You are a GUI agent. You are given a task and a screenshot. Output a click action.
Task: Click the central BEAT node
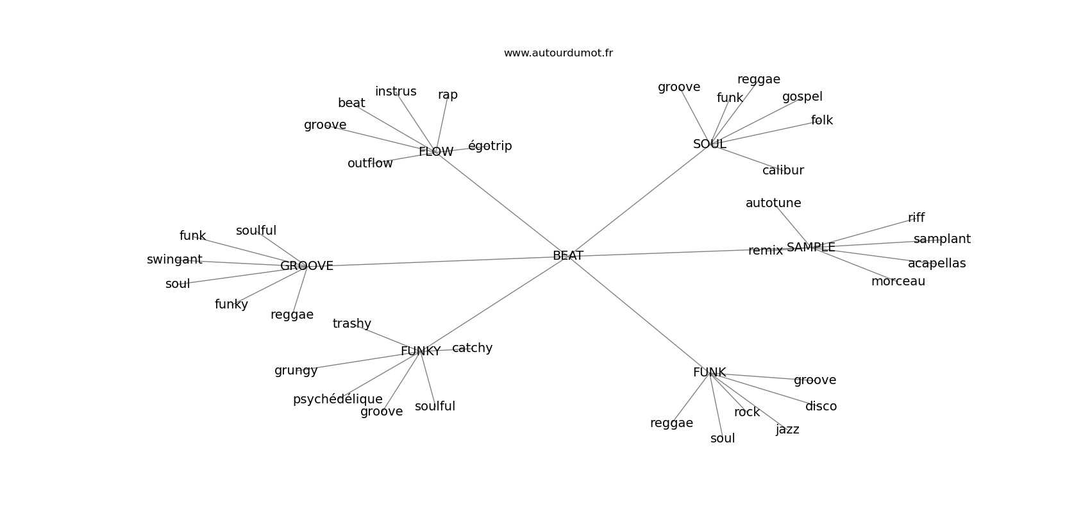[x=567, y=256]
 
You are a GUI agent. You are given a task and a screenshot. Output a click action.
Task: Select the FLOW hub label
[x=436, y=152]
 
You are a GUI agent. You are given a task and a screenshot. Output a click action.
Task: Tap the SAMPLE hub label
[x=810, y=248]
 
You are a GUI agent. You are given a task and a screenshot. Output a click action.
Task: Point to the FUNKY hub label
[x=421, y=351]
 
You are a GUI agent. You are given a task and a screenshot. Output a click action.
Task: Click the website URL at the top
[x=558, y=53]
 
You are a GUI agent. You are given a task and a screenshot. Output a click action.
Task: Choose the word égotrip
[x=490, y=146]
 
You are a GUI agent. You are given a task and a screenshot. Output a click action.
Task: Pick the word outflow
[x=370, y=164]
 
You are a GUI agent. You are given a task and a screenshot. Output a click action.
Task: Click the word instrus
[x=396, y=92]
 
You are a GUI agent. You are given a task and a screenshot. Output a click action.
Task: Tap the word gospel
[x=802, y=97]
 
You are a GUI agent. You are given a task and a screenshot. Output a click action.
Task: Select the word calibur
[x=783, y=171]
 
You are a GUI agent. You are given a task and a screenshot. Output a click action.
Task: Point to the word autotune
[x=773, y=203]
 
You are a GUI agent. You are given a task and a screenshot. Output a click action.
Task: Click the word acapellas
[x=936, y=264]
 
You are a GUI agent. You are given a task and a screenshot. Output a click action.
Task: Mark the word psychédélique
[x=337, y=399]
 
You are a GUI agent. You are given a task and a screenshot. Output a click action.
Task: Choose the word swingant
[x=174, y=260]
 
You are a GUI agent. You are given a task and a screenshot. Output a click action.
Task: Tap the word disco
[x=821, y=407]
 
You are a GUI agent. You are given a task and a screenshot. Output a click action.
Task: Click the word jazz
[x=787, y=430]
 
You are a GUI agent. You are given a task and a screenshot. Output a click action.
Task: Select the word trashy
[x=351, y=324]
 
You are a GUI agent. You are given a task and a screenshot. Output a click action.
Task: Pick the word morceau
[x=898, y=282]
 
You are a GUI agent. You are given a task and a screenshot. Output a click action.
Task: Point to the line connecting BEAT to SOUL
[x=638, y=201]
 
